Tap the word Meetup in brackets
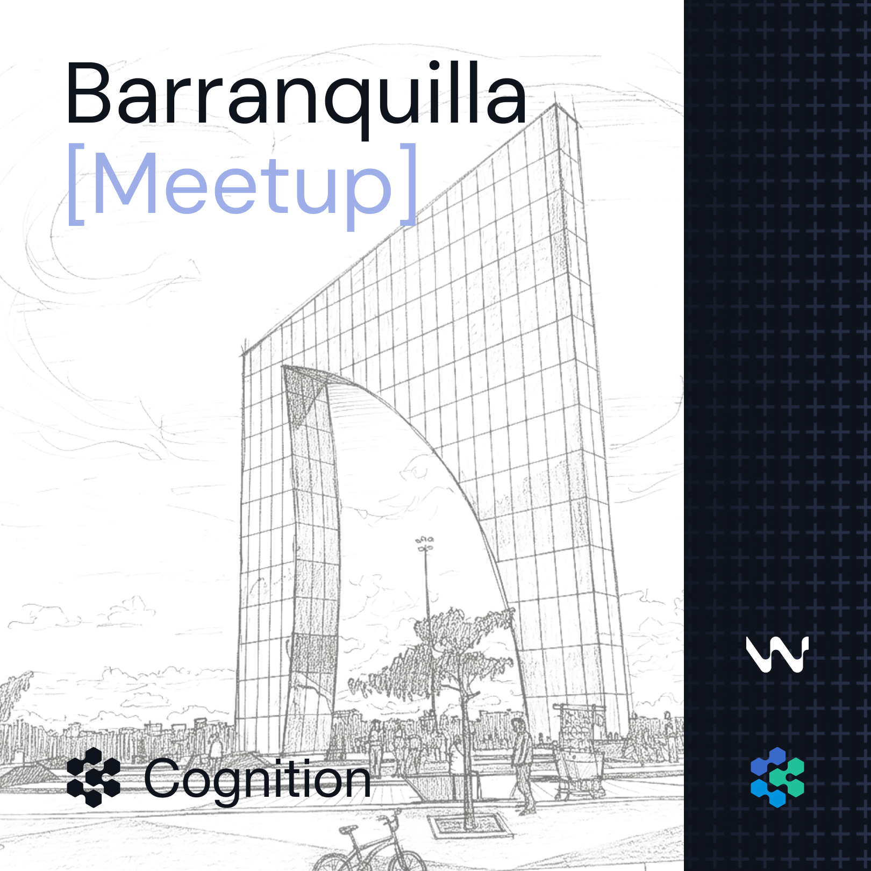pyautogui.click(x=242, y=185)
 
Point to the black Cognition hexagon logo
pyautogui.click(x=94, y=777)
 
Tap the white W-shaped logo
pyautogui.click(x=777, y=654)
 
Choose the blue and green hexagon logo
pyautogui.click(x=777, y=777)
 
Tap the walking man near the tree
pyautogui.click(x=522, y=763)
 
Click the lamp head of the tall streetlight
pyautogui.click(x=425, y=542)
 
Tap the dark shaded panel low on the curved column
pyautogui.click(x=313, y=653)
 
